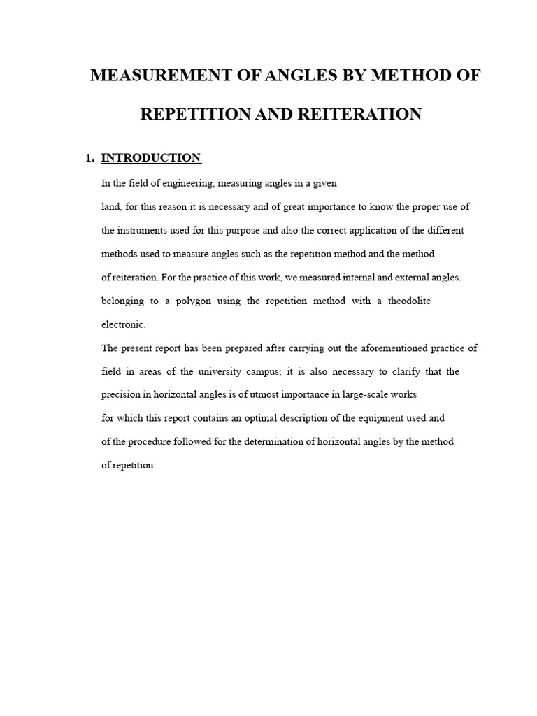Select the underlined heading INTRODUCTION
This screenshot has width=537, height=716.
(151, 158)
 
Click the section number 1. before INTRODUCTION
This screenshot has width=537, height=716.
(89, 158)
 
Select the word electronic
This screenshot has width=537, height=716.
(123, 324)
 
